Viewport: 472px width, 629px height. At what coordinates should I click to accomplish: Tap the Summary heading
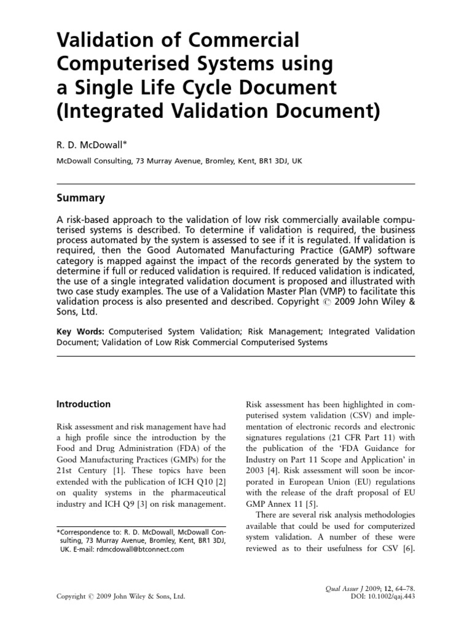[81, 198]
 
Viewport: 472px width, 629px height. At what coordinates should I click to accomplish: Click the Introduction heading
[84, 404]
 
